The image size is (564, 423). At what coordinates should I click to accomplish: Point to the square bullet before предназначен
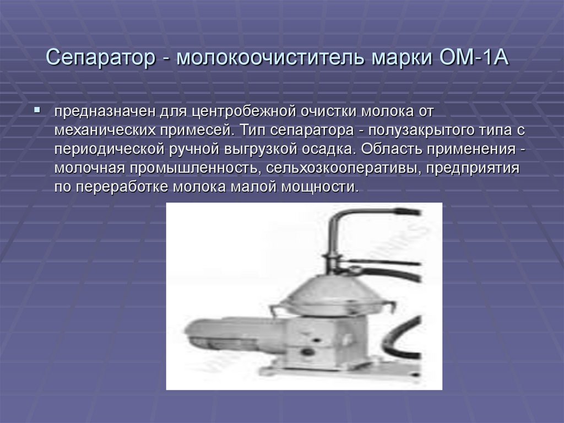point(37,110)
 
